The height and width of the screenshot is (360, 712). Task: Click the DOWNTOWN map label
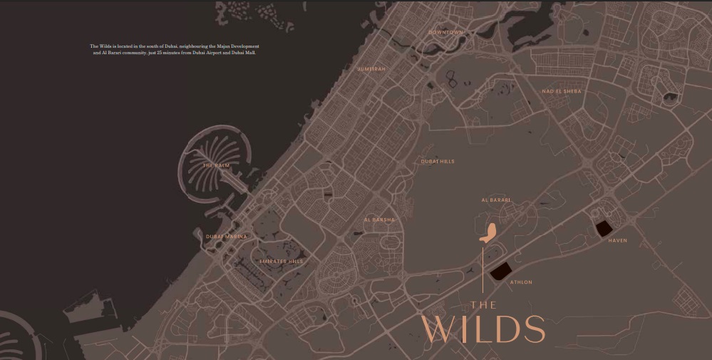446,32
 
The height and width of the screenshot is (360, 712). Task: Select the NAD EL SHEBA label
562,91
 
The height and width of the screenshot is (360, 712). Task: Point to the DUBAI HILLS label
438,162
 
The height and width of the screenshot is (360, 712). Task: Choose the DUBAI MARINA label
227,236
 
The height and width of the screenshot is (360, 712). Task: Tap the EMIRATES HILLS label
281,262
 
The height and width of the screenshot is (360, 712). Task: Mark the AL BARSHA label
378,220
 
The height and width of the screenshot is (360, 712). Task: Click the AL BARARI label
496,200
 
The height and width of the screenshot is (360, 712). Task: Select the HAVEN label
617,240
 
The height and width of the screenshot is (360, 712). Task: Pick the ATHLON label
521,282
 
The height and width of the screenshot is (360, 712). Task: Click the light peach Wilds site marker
488,233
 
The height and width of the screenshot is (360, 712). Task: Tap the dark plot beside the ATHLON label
500,272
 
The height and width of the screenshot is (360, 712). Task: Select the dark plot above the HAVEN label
603,228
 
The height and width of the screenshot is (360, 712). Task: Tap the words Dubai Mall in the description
242,53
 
